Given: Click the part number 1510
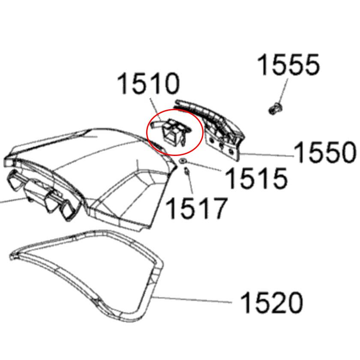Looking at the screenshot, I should coord(148,84).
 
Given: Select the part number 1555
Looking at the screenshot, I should coord(288,66).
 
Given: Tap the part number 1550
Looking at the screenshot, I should coord(325,153).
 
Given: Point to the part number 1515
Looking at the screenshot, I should coord(255,177).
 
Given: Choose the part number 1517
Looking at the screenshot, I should coord(195,208).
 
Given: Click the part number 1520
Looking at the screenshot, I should coord(271,303).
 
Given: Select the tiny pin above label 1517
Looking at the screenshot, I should coord(187,172).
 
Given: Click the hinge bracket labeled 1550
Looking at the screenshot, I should coord(221,133).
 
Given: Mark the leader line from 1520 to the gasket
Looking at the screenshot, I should coord(193,299).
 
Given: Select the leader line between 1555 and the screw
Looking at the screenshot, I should coord(282,92).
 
